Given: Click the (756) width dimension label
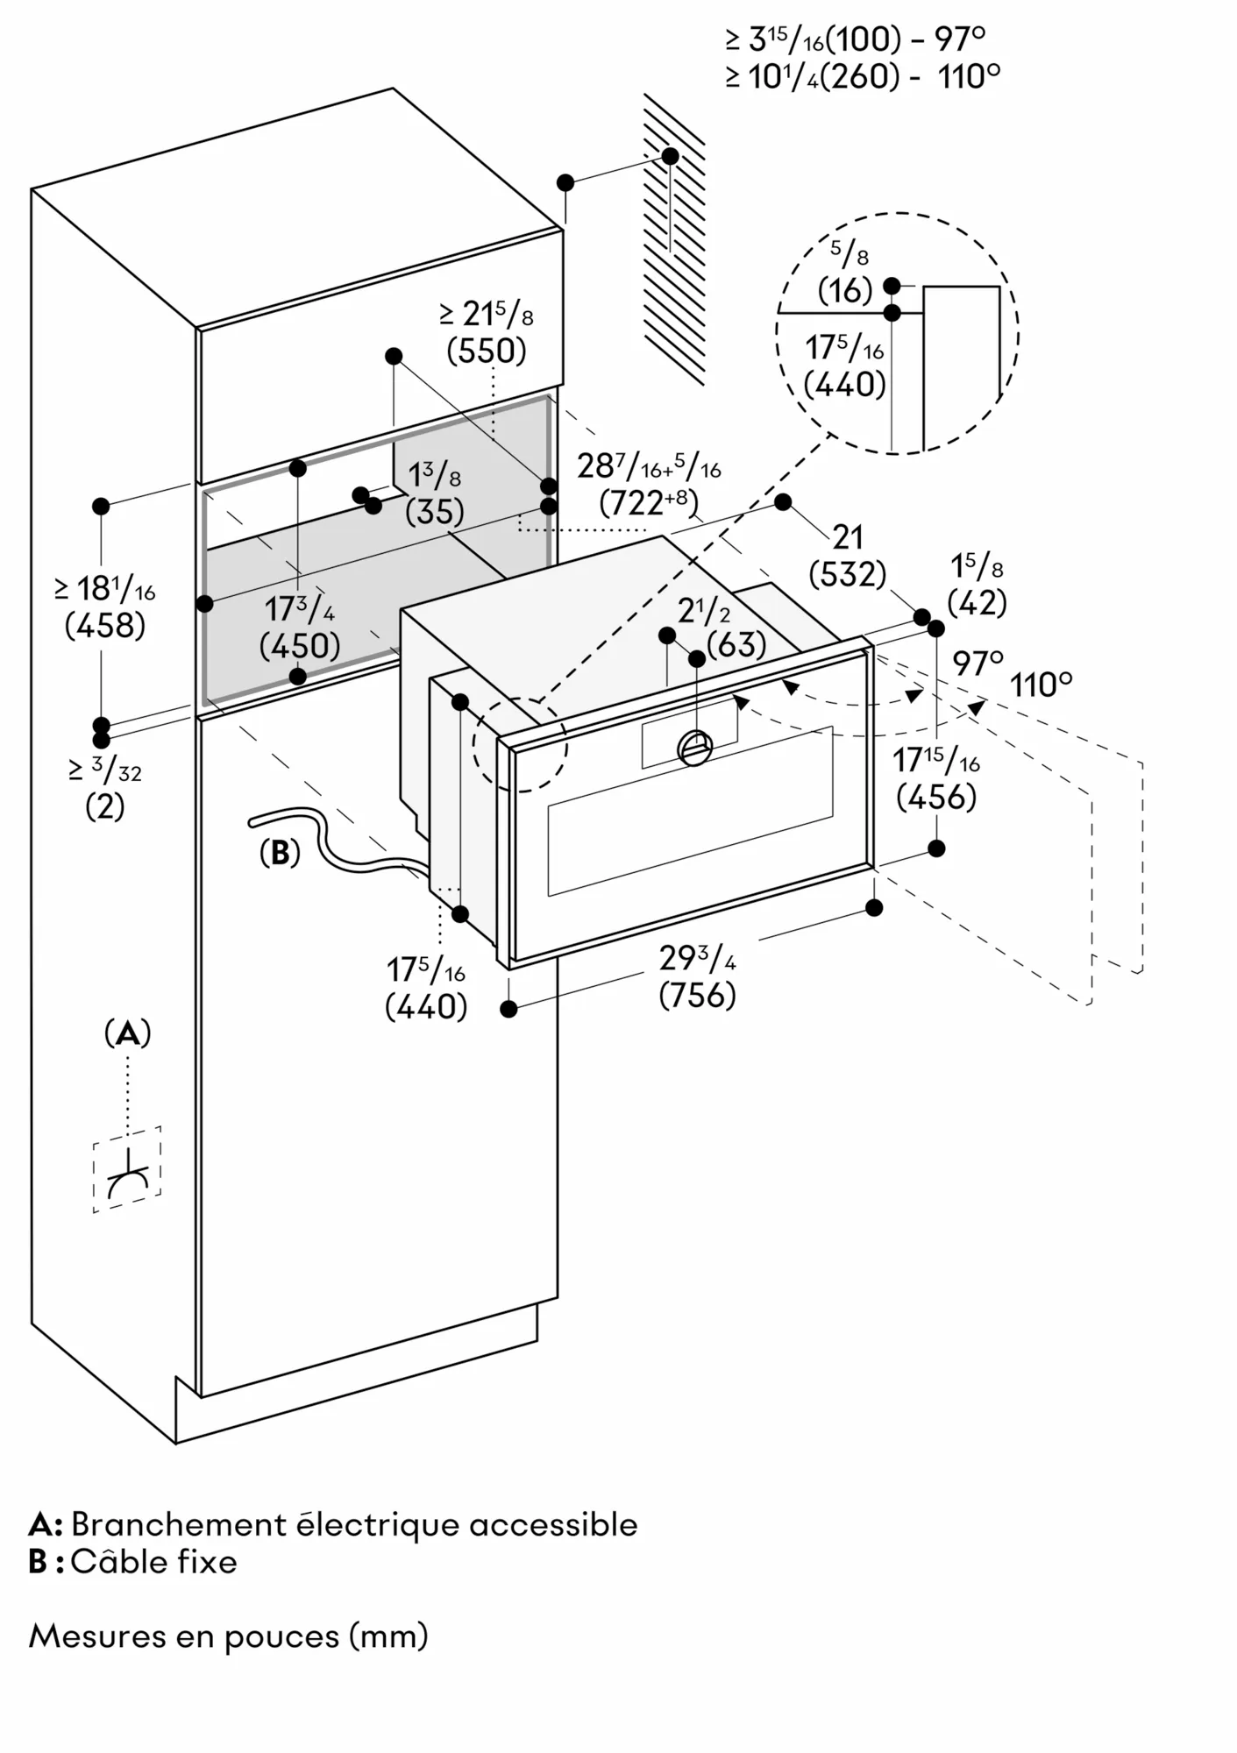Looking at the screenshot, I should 697,996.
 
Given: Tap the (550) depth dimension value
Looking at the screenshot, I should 487,351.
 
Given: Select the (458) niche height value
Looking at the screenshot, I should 105,626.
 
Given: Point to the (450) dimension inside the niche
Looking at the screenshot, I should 300,646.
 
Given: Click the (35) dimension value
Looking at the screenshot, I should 435,512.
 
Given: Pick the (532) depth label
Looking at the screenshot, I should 847,575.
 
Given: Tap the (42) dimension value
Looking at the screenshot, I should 978,603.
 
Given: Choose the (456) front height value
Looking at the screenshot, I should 936,798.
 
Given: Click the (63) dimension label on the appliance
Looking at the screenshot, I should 736,645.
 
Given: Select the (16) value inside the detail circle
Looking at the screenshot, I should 845,291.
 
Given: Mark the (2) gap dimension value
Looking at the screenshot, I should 105,807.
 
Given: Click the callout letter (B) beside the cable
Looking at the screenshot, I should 280,853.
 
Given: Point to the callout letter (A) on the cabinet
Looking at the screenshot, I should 128,1034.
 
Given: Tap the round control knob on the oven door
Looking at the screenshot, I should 695,747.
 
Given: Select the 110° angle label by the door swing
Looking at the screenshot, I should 1041,685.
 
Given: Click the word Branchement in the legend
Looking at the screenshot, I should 177,1525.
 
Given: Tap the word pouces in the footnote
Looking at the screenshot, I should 281,1636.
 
